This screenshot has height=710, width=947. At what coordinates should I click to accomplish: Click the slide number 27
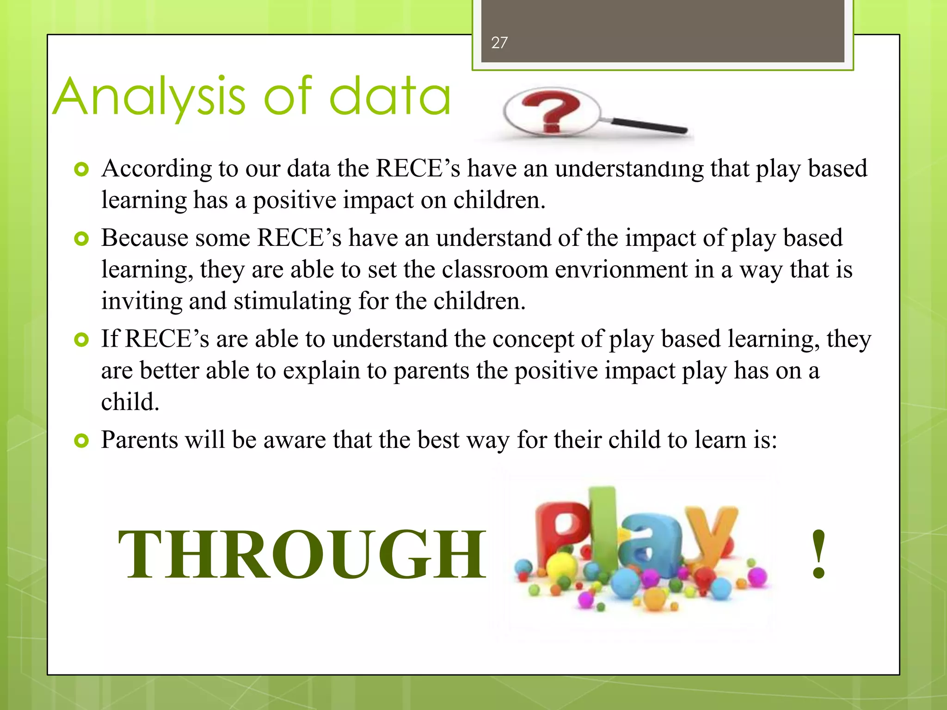click(x=499, y=43)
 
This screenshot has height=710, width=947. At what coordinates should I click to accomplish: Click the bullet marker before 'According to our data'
click(x=81, y=170)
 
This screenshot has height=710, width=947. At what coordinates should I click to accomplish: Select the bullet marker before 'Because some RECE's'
click(x=81, y=239)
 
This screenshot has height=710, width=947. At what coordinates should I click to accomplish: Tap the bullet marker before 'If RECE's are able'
click(x=81, y=340)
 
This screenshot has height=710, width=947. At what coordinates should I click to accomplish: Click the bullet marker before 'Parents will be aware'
click(x=81, y=441)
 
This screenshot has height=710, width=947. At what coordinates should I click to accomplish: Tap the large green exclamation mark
click(x=818, y=555)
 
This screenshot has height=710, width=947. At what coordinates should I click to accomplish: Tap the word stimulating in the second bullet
click(x=292, y=302)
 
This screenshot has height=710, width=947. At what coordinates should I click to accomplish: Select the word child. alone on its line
click(x=130, y=402)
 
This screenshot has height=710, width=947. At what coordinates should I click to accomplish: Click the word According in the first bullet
click(x=156, y=169)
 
